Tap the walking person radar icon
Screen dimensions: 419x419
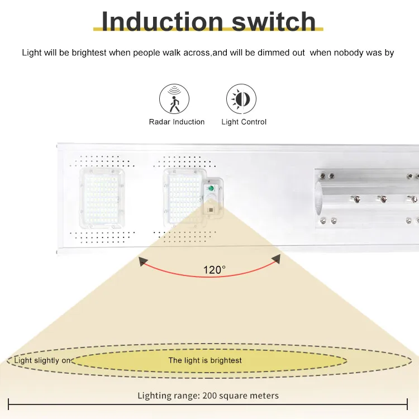(174, 99)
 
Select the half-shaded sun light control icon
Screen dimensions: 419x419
(241, 99)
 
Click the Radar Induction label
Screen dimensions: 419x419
(177, 122)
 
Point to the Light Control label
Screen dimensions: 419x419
(244, 122)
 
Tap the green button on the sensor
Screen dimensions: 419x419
(211, 189)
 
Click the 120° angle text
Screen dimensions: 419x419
(214, 270)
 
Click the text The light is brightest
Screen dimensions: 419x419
(205, 360)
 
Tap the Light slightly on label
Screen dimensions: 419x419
(42, 360)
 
